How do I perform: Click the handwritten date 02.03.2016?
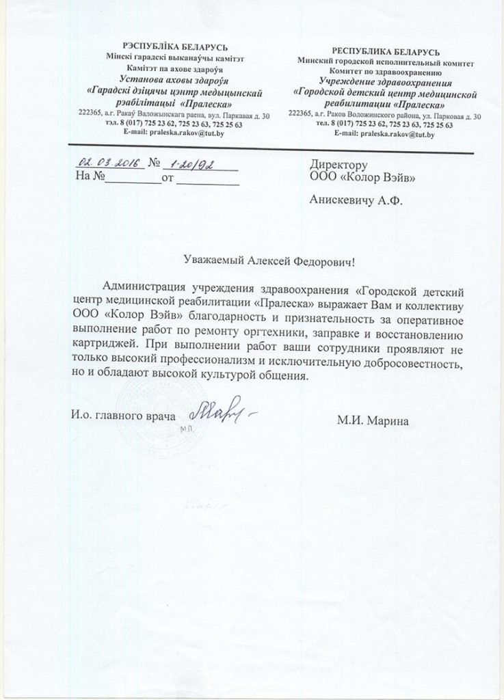click(107, 163)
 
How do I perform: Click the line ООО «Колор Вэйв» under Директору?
click(362, 179)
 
